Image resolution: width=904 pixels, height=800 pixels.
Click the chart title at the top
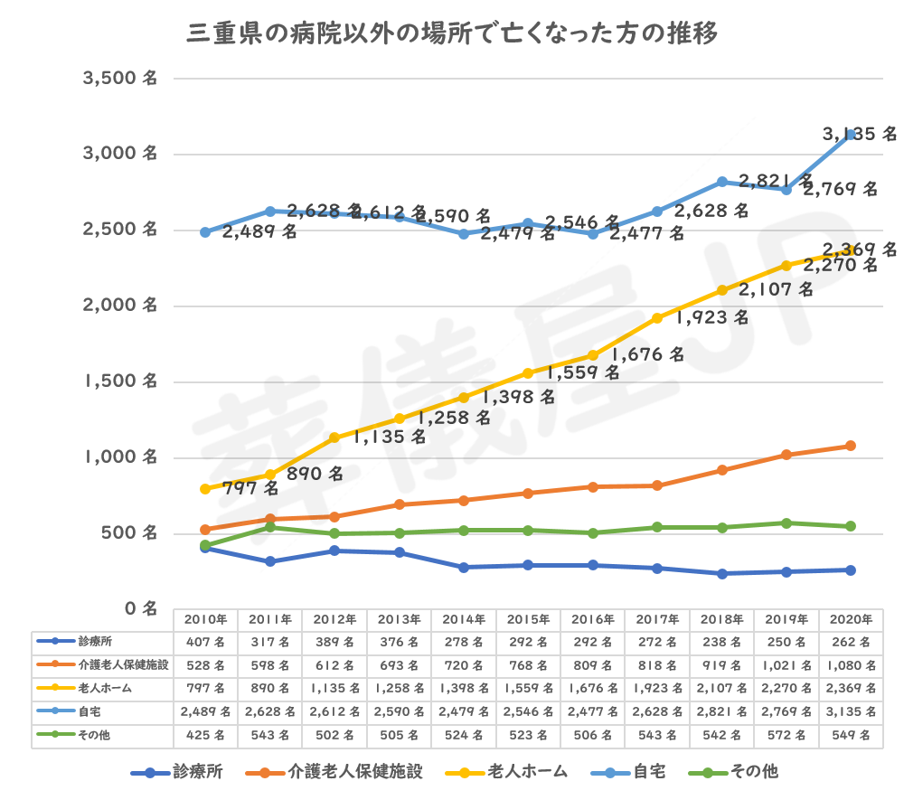pyautogui.click(x=452, y=35)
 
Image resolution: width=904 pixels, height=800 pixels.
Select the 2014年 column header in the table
pyautogui.click(x=464, y=620)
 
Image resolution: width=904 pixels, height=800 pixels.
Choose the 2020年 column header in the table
pyautogui.click(x=851, y=620)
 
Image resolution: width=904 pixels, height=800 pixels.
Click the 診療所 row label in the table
pyautogui.click(x=94, y=642)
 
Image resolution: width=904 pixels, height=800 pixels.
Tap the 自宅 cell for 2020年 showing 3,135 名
pyautogui.click(x=851, y=712)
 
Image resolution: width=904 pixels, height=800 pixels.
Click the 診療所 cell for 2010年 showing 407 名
pyautogui.click(x=206, y=642)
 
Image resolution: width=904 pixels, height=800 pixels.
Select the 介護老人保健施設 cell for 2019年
pyautogui.click(x=786, y=665)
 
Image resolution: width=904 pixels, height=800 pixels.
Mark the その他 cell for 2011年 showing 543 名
pyautogui.click(x=270, y=736)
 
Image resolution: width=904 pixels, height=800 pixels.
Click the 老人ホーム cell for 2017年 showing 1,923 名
pyautogui.click(x=657, y=689)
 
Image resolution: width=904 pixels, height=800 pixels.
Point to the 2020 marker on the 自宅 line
pyautogui.click(x=851, y=135)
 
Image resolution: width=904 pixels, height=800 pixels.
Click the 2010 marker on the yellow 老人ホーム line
pyautogui.click(x=205, y=488)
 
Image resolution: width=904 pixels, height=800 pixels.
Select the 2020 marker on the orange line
pyautogui.click(x=851, y=446)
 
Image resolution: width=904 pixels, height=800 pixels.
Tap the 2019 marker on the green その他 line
pyautogui.click(x=786, y=522)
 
